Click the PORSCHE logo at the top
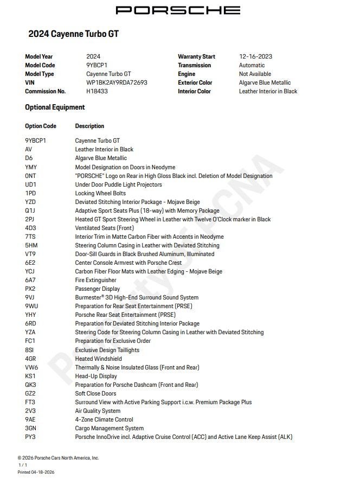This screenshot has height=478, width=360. pyautogui.click(x=178, y=10)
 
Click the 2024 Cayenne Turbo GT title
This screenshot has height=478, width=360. pyautogui.click(x=73, y=34)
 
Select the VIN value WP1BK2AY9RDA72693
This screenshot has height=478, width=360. pyautogui.click(x=117, y=83)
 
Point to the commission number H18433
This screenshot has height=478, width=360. pyautogui.click(x=97, y=92)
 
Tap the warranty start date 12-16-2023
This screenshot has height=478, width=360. pyautogui.click(x=255, y=56)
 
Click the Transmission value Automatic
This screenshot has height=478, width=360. pyautogui.click(x=252, y=65)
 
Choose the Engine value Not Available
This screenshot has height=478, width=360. pyautogui.click(x=255, y=74)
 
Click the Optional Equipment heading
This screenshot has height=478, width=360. pyautogui.click(x=55, y=107)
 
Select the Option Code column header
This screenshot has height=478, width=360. pyautogui.click(x=41, y=126)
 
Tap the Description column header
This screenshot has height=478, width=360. pyautogui.click(x=89, y=126)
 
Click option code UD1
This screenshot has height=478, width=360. pyautogui.click(x=31, y=185)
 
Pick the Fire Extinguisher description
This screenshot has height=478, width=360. pyautogui.click(x=95, y=281)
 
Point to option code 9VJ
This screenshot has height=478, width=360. pyautogui.click(x=30, y=298)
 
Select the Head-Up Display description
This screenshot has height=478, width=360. pyautogui.click(x=96, y=376)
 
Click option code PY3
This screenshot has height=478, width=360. pyautogui.click(x=30, y=437)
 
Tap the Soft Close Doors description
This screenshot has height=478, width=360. pyautogui.click(x=95, y=393)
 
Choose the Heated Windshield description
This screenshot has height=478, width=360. pyautogui.click(x=98, y=359)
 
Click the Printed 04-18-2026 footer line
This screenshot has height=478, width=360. pyautogui.click(x=36, y=472)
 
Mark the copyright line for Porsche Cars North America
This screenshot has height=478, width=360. pyautogui.click(x=58, y=458)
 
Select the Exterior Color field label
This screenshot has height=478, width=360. pyautogui.click(x=195, y=83)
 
